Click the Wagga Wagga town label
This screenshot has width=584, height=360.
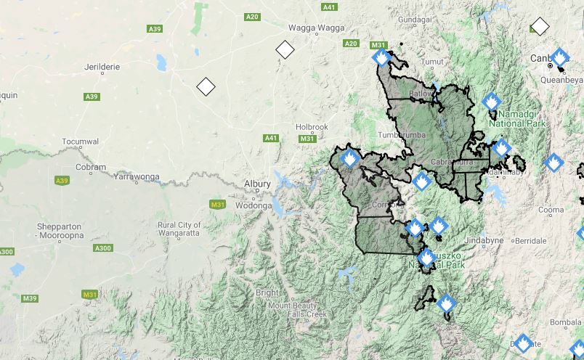click(315, 28)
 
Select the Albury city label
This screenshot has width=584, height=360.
click(257, 184)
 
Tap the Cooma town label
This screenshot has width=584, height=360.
click(551, 210)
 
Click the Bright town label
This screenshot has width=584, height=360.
click(267, 292)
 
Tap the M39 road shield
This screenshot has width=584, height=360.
click(30, 298)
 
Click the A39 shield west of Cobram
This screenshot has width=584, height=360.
click(62, 180)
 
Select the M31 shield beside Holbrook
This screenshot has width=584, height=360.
click(307, 138)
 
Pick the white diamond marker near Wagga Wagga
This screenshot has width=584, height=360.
click(285, 50)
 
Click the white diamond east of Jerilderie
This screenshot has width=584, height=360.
click(206, 86)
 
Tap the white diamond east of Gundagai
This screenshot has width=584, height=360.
click(540, 27)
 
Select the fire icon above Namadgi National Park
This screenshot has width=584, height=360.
click(492, 101)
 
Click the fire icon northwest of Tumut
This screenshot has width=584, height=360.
click(381, 57)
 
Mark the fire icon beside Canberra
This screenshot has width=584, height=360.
click(559, 57)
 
